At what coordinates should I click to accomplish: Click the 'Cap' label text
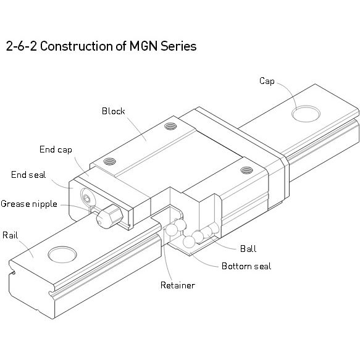267,81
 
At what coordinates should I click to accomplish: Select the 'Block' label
113,112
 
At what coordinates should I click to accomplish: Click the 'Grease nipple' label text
29,203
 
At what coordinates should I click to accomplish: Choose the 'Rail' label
10,235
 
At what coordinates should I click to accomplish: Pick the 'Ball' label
248,249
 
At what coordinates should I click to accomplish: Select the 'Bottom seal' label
246,266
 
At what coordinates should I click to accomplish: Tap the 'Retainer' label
177,285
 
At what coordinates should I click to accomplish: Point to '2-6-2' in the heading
20,47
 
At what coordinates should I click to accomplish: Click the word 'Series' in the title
180,47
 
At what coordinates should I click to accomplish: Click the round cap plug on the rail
307,114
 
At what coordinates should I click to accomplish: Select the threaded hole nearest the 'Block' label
169,128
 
